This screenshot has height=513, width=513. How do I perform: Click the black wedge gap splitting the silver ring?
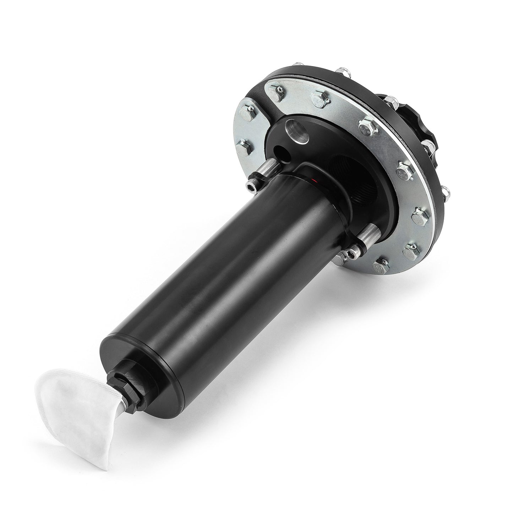[270, 92]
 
